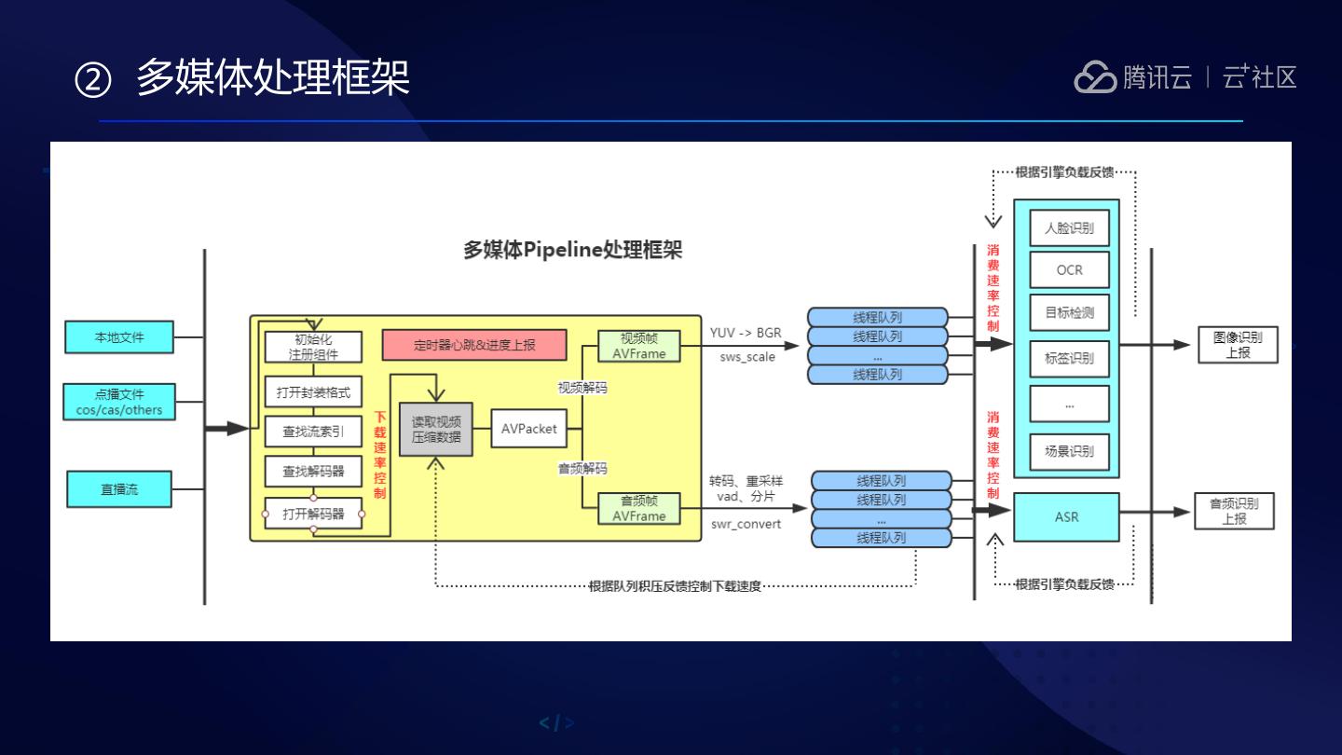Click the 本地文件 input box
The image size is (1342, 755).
click(x=119, y=336)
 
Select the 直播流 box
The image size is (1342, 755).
click(x=119, y=489)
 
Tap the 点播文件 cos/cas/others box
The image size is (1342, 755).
click(x=119, y=402)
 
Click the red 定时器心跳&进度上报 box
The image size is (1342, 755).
click(x=474, y=345)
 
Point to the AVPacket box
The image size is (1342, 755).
click(x=528, y=429)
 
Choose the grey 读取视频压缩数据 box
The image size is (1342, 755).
click(x=436, y=429)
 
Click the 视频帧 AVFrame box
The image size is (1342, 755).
click(x=638, y=346)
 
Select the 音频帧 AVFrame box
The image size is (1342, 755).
click(x=638, y=508)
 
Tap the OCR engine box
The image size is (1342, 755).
click(x=1069, y=270)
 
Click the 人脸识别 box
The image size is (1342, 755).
click(x=1069, y=227)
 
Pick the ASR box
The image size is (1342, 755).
click(x=1066, y=516)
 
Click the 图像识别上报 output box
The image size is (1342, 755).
click(x=1238, y=345)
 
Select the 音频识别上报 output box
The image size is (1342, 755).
click(x=1234, y=511)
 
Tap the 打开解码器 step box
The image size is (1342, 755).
click(x=313, y=514)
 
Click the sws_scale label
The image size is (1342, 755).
click(x=746, y=357)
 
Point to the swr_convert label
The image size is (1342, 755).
click(x=746, y=524)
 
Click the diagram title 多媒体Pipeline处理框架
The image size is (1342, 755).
click(x=572, y=250)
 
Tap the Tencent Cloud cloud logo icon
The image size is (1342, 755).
click(x=1095, y=77)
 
